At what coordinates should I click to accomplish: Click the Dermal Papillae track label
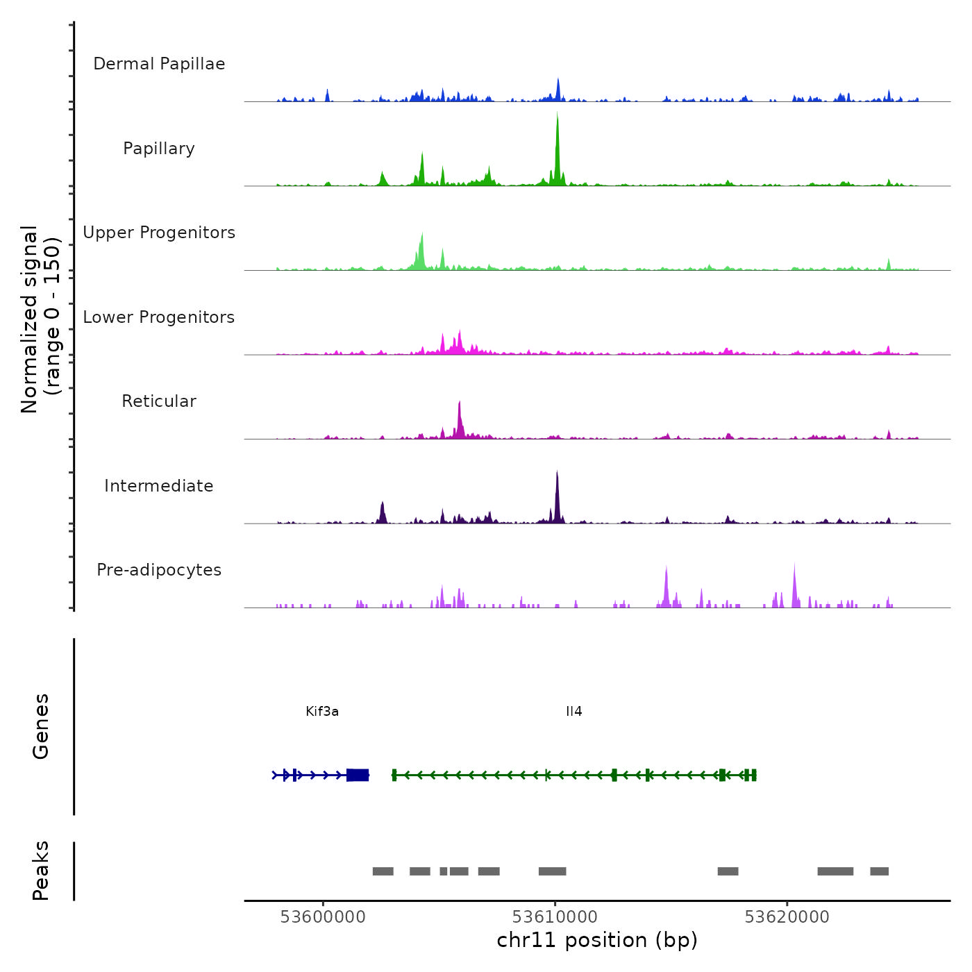click(x=159, y=64)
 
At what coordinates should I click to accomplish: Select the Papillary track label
click(x=159, y=149)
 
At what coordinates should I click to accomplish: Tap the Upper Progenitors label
click(x=159, y=233)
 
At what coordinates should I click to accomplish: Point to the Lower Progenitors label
click(x=159, y=317)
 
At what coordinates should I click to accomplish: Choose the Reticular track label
click(x=159, y=401)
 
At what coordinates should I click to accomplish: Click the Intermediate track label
click(x=159, y=486)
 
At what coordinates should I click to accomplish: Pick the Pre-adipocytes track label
click(x=159, y=570)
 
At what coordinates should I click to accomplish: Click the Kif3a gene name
click(x=322, y=712)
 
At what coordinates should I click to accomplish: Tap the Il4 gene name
click(x=574, y=712)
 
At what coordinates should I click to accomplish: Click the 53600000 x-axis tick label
click(x=323, y=917)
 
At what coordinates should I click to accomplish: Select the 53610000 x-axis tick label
click(x=555, y=917)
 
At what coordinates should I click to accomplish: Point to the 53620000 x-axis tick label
click(x=787, y=917)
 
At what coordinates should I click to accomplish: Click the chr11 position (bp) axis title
click(x=597, y=940)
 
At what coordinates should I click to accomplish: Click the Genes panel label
click(x=41, y=726)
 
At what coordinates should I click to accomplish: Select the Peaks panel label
click(x=41, y=871)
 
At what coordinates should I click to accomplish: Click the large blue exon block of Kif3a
click(x=358, y=775)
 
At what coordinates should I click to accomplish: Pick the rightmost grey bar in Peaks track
click(x=879, y=871)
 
